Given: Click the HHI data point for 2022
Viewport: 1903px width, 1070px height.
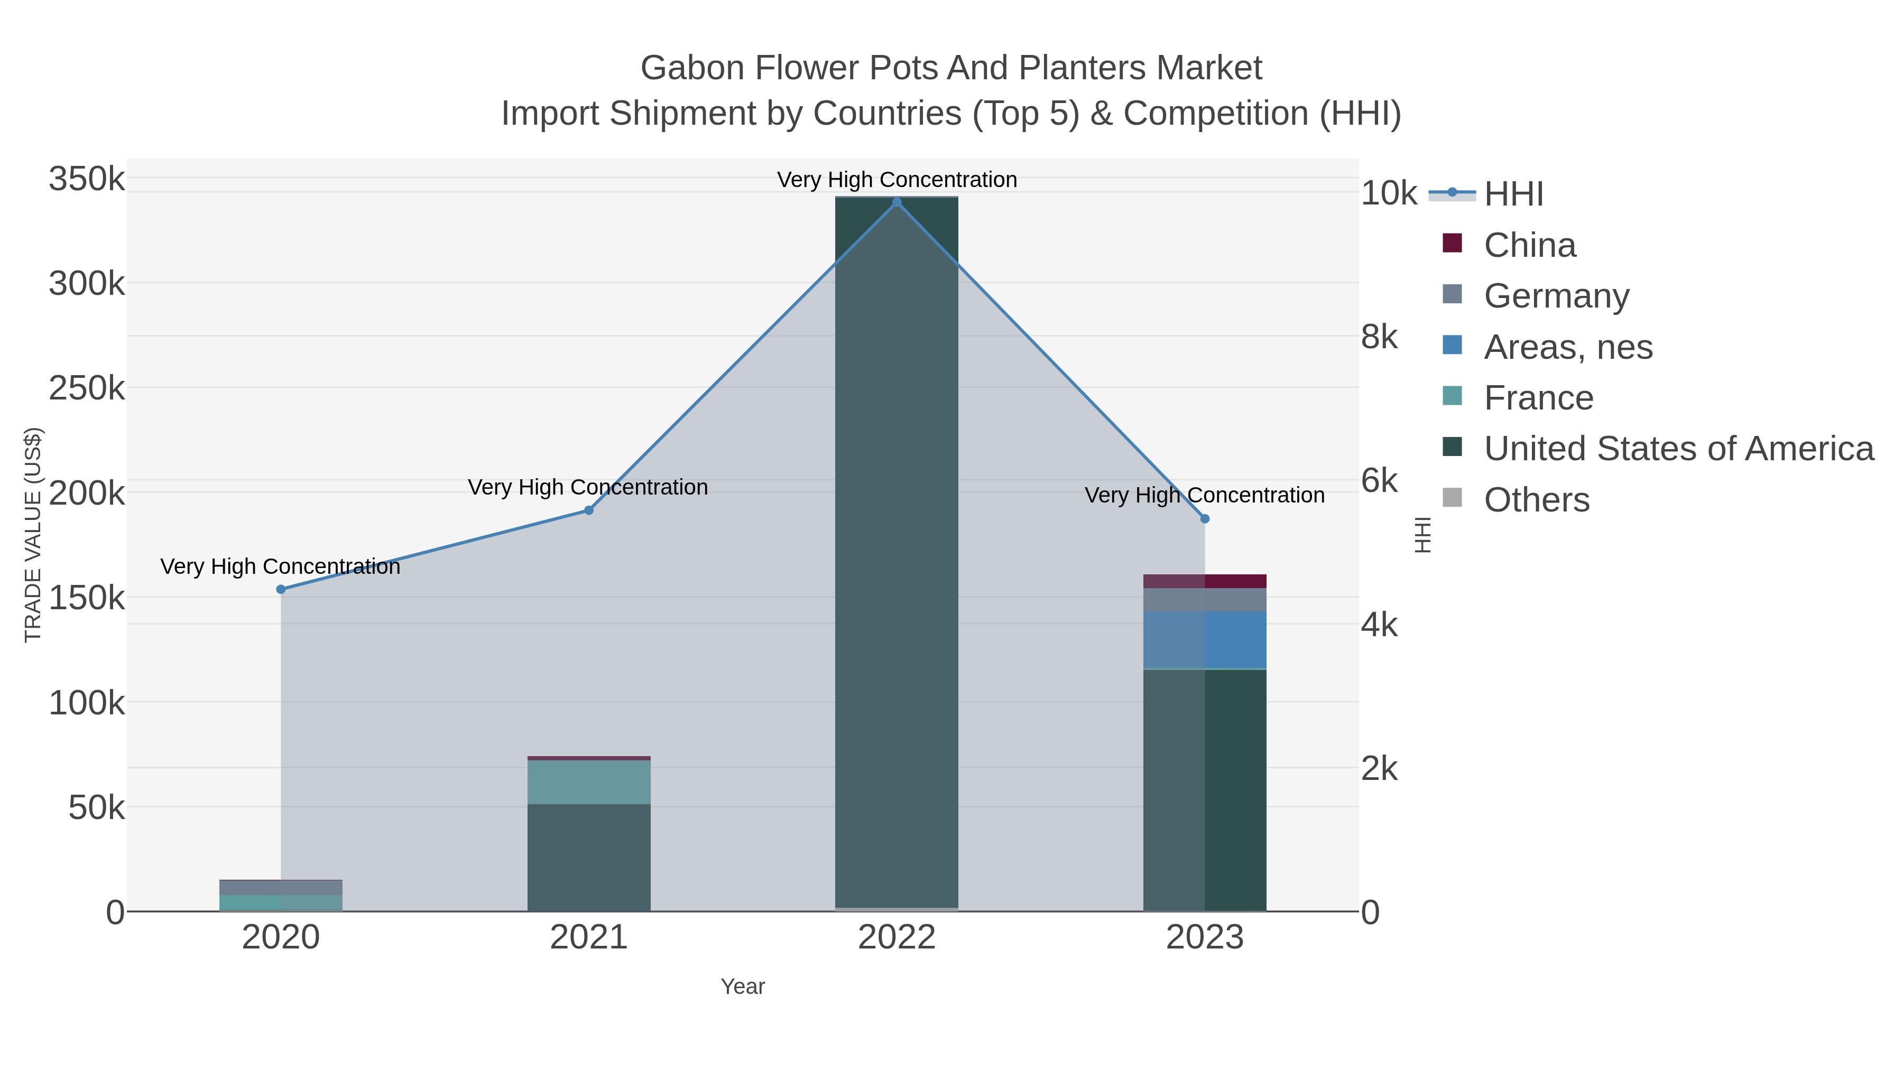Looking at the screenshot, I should click(x=897, y=202).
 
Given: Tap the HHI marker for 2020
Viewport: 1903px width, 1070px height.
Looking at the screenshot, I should click(x=281, y=589).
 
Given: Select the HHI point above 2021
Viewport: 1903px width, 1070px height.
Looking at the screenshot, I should click(x=589, y=510).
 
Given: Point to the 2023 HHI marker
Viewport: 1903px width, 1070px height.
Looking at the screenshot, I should click(x=1205, y=519).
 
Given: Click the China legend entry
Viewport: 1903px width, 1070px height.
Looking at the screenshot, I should click(x=1529, y=245).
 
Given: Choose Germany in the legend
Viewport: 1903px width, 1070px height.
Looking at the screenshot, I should click(x=1556, y=296).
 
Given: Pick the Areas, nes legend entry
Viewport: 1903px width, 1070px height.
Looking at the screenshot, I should click(x=1568, y=347).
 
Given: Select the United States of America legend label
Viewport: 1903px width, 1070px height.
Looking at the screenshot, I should click(x=1678, y=449).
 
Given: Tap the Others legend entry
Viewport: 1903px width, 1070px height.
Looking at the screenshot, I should click(x=1536, y=500).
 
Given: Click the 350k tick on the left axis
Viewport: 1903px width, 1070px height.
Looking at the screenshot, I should click(x=87, y=180).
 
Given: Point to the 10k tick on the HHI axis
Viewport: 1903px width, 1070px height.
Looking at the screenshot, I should click(x=1389, y=193).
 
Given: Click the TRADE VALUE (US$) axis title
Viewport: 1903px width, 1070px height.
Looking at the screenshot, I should click(x=33, y=535).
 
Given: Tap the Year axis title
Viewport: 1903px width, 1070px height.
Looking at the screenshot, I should click(x=743, y=987).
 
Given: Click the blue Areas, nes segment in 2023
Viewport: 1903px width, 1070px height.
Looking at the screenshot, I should click(x=1205, y=639).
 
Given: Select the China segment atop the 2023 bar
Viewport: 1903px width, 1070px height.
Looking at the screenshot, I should click(x=1205, y=581).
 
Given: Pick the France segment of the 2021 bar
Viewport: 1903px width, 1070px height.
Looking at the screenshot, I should click(x=589, y=782).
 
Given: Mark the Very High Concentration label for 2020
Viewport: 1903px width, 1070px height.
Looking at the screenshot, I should click(x=281, y=566).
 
